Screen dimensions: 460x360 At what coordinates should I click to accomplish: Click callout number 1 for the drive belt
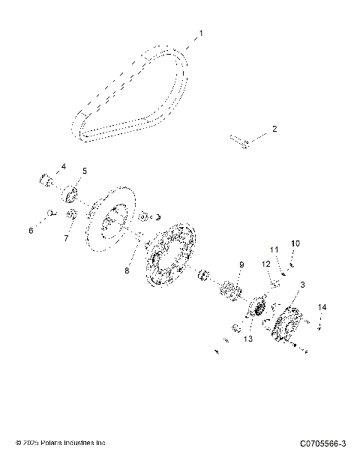click(200, 34)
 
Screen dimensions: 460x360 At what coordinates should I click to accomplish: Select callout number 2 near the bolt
click(274, 130)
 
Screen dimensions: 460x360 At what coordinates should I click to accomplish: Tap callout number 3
click(302, 285)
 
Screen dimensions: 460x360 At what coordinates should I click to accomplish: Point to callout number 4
click(64, 166)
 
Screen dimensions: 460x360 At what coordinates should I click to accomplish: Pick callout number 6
click(31, 231)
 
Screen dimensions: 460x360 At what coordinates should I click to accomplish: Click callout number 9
click(242, 264)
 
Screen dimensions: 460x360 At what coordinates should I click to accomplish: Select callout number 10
click(295, 243)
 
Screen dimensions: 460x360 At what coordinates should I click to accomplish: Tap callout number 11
click(274, 249)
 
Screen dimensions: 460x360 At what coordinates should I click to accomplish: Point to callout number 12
click(265, 264)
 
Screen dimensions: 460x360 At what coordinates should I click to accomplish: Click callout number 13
click(247, 339)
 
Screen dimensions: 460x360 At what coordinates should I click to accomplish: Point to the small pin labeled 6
click(50, 214)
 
